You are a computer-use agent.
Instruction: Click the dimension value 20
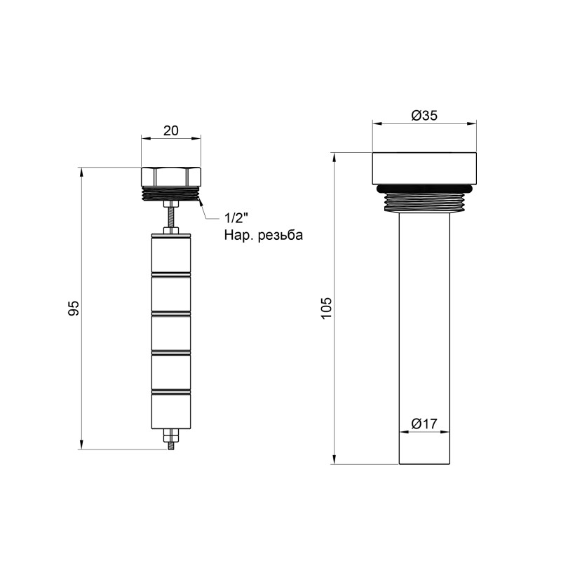point(171,130)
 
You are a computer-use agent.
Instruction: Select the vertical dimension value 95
point(75,308)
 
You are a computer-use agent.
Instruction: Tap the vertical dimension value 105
point(325,308)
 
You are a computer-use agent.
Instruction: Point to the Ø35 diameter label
point(424,116)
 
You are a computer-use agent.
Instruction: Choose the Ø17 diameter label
point(424,424)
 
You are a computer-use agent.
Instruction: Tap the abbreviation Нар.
point(236,235)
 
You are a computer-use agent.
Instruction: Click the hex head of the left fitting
point(171,176)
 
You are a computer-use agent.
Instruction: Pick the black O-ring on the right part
point(424,188)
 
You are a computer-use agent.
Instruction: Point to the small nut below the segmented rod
point(171,439)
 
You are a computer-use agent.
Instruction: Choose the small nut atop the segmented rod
point(171,229)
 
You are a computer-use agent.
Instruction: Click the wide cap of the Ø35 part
point(424,168)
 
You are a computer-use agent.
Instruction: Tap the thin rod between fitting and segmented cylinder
point(171,215)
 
